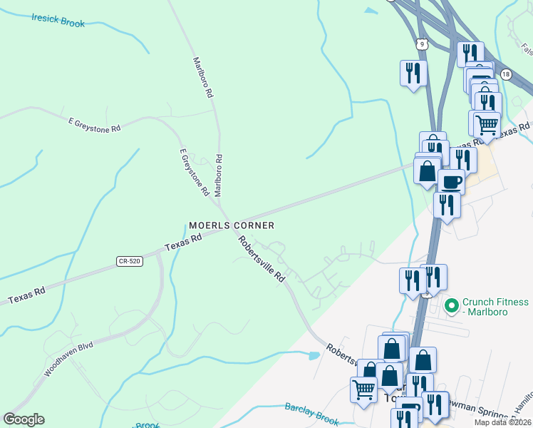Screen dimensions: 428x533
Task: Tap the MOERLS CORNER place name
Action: pos(232,225)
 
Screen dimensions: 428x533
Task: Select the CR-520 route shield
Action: pos(130,262)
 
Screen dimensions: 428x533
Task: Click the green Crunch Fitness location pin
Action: pos(450,306)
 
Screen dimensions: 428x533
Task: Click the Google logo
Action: pos(24,419)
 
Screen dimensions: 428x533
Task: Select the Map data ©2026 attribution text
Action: pos(502,422)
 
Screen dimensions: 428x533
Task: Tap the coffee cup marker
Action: pos(450,181)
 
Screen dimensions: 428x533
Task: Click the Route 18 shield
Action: pos(506,74)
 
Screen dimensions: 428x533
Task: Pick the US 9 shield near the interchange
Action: pos(423,44)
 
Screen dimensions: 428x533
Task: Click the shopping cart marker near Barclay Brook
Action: pos(363,389)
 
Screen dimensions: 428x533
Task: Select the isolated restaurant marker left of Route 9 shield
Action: pos(413,73)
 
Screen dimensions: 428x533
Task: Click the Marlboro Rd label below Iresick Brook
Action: pos(204,78)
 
